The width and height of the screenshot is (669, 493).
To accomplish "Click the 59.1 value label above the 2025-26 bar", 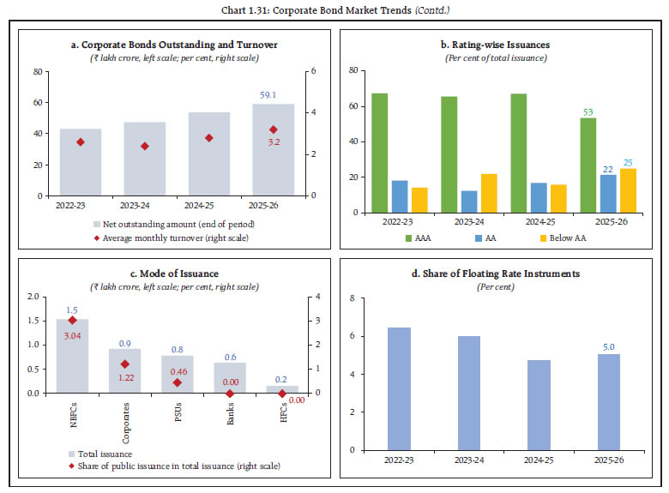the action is click(x=268, y=94).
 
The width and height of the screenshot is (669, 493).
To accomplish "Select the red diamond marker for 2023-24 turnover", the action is click(x=145, y=147).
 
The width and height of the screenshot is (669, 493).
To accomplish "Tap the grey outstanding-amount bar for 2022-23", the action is click(x=81, y=162).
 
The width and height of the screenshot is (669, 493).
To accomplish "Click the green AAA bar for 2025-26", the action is click(x=588, y=165).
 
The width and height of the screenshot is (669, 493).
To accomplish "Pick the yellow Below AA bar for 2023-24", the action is click(x=489, y=193).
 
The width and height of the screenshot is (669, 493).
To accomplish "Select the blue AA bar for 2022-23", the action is click(x=400, y=196).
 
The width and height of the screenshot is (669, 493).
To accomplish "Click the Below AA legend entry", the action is click(x=564, y=238).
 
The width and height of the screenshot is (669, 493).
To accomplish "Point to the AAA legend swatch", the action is click(x=408, y=238).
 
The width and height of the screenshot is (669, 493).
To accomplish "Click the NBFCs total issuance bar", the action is click(x=73, y=356).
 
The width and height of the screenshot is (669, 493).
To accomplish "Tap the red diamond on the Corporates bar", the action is click(x=125, y=364).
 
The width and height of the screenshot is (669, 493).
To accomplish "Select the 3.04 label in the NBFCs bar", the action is click(x=73, y=336).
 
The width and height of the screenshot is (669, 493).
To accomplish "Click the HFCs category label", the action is click(x=283, y=412).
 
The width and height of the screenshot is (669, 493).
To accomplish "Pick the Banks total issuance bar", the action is click(x=230, y=378).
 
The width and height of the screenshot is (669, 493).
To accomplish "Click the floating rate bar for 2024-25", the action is click(x=539, y=406).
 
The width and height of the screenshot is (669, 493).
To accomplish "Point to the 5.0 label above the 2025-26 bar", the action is click(x=609, y=347).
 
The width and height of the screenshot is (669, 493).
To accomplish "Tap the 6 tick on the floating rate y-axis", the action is click(x=353, y=336).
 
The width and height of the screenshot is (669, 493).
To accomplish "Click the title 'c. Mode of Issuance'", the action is click(x=174, y=274).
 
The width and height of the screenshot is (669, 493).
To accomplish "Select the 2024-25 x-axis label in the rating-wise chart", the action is click(x=540, y=222).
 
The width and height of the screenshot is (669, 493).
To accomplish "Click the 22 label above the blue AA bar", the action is click(x=608, y=169).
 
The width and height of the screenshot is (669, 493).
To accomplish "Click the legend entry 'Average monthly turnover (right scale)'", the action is click(x=172, y=238).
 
